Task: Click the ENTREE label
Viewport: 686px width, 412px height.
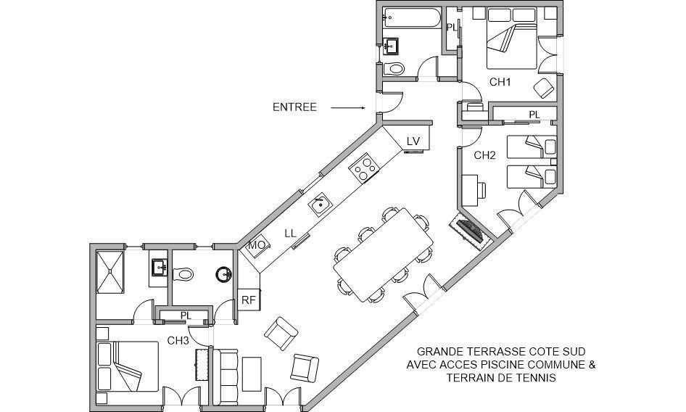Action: [x=294, y=107]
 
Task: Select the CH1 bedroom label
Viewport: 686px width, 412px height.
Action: [x=500, y=82]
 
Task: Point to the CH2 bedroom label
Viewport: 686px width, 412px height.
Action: [x=484, y=155]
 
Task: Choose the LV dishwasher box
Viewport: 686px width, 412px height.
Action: [x=413, y=141]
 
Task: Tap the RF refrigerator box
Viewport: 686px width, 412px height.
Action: [x=248, y=298]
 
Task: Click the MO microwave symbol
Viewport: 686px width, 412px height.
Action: [x=257, y=246]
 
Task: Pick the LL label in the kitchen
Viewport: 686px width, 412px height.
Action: [x=290, y=234]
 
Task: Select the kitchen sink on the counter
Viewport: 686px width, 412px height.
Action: [x=319, y=205]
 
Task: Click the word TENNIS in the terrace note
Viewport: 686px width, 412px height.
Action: [x=534, y=378]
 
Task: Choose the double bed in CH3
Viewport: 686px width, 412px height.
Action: [x=128, y=366]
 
